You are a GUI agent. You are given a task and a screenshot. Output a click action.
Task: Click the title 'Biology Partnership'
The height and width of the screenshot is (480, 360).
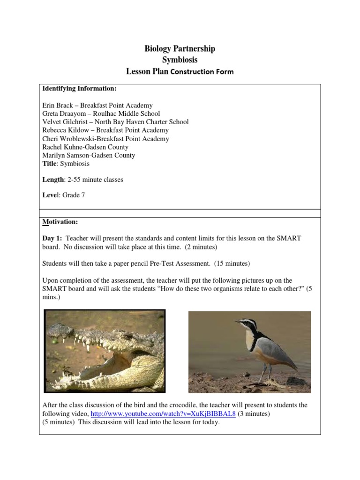pos(180,49)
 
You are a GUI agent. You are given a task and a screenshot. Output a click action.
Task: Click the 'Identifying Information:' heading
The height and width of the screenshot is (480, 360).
pos(79,88)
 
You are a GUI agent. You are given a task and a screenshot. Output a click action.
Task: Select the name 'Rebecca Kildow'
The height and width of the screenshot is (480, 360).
pos(65,130)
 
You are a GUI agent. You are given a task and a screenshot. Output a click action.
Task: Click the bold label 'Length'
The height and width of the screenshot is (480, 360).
pos(52,180)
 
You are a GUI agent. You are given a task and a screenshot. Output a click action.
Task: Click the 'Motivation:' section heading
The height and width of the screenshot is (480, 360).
pos(60,221)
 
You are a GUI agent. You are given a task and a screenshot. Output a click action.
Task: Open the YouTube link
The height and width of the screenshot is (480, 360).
pos(163,414)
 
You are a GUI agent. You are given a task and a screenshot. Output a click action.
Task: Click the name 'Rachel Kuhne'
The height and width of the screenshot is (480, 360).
pos(62,147)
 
